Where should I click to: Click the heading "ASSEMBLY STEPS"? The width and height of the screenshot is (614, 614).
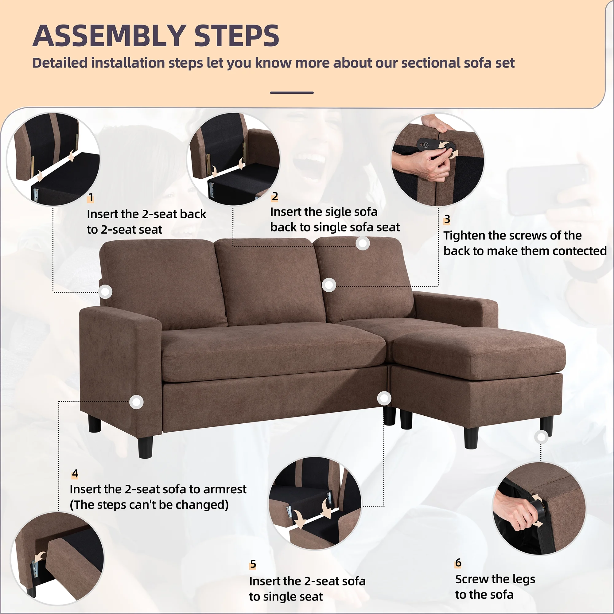[156, 36]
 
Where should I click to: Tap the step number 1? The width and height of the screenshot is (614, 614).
[91, 198]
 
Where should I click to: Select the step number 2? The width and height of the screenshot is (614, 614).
[275, 196]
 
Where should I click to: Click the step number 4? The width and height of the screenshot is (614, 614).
[75, 473]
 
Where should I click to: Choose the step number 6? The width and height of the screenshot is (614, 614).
[458, 562]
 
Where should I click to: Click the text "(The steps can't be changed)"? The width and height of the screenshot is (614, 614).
[149, 505]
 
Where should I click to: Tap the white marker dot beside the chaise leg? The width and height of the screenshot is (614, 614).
[541, 437]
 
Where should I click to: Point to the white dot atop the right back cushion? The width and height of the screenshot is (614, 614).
[363, 243]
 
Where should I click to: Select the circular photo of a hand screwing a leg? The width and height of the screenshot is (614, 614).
[539, 508]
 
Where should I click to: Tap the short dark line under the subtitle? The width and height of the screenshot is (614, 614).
[292, 93]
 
